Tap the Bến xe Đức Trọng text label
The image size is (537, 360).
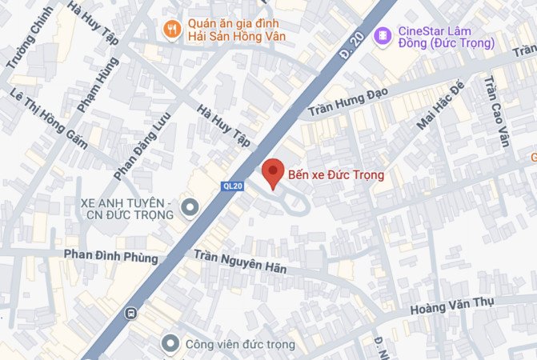pyautogui.click(x=337, y=174)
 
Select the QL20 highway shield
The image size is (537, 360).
pyautogui.click(x=230, y=186)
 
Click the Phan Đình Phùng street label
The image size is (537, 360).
pyautogui.click(x=111, y=256)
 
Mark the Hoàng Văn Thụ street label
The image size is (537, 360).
pyautogui.click(x=451, y=306)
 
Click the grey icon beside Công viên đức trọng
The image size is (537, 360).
pyautogui.click(x=170, y=345)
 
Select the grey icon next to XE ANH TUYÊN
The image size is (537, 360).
pyautogui.click(x=190, y=209)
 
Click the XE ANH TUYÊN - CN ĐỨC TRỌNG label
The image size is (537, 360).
pyautogui.click(x=128, y=209)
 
